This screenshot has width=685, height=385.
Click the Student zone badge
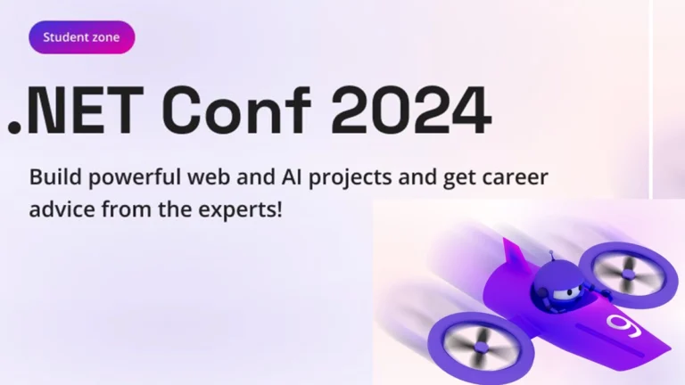81,37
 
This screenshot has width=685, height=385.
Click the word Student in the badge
63,37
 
